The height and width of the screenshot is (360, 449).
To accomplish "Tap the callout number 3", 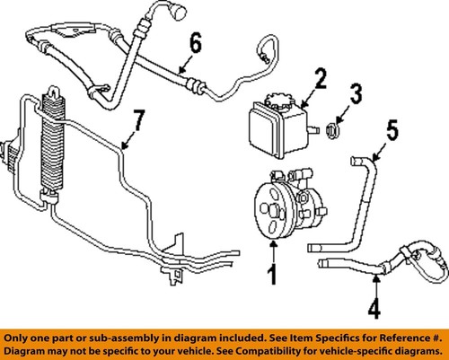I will tap(357, 93).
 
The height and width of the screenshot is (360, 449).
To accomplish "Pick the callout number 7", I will tap(137, 119).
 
